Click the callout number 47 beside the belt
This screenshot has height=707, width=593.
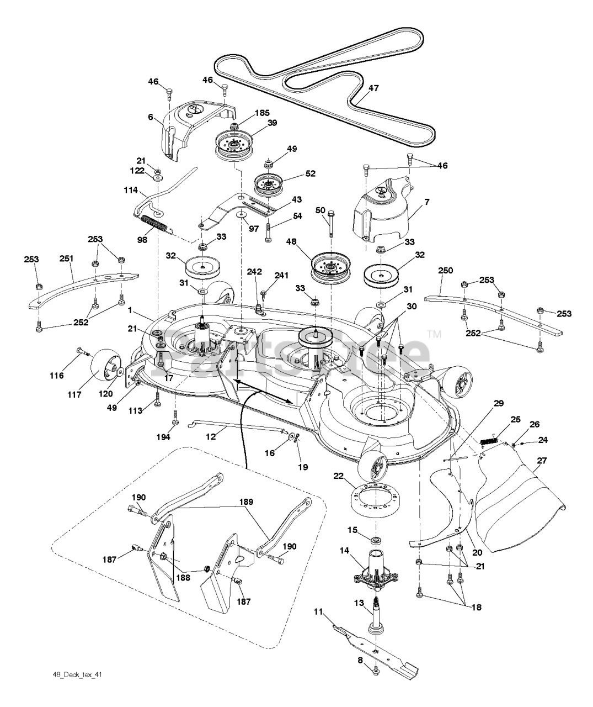point(373,88)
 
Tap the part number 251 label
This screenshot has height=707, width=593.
point(66,258)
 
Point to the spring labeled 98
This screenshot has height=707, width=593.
point(158,224)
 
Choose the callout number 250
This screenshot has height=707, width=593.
point(445,270)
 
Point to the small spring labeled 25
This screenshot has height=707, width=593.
point(489,441)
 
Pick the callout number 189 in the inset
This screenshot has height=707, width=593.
point(246,502)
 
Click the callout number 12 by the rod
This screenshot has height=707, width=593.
point(210,436)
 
